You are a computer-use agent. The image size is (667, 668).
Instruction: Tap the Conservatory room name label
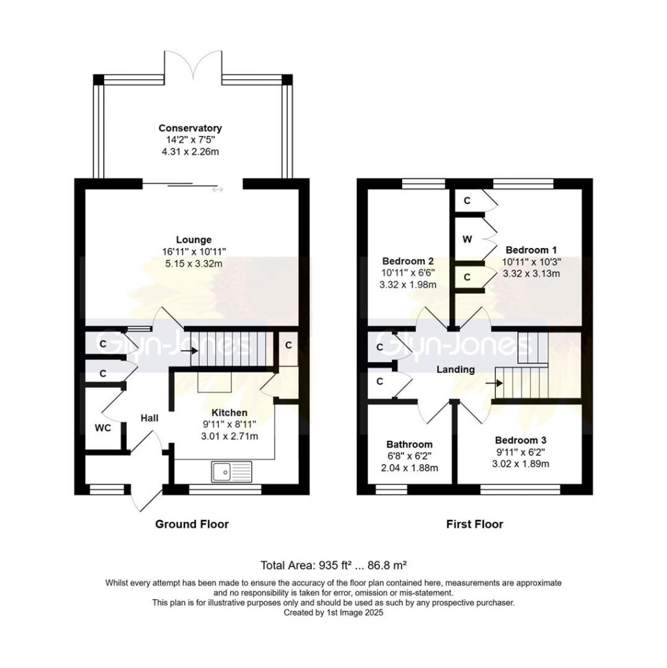point(190,128)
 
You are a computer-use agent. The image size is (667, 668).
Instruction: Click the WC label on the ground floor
point(102,427)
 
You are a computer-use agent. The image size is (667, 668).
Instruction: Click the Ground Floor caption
point(192,524)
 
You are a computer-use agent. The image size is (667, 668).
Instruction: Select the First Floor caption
point(475,524)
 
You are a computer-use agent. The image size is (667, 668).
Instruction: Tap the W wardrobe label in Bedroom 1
point(467,239)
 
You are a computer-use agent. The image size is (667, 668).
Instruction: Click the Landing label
point(456,370)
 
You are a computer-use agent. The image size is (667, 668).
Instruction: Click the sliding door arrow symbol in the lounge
point(217,190)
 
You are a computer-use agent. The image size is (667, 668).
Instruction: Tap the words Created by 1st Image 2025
point(333,613)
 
